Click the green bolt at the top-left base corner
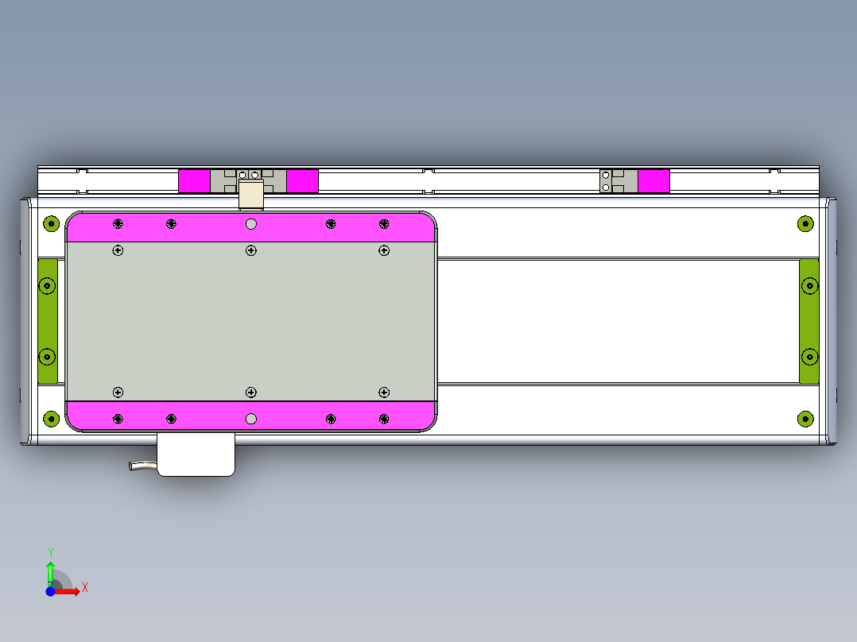point(51,223)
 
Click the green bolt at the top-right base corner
point(805,223)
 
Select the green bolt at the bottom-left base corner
point(51,418)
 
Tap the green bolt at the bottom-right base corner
point(805,418)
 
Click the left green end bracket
point(48,321)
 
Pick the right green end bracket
point(809,321)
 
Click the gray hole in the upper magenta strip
point(251,224)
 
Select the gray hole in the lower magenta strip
point(251,419)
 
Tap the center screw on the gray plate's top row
point(251,250)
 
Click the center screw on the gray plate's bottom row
point(251,393)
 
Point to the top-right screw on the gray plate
point(384,250)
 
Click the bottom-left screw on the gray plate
point(118,393)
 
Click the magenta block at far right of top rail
point(653,180)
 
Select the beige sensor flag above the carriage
point(251,194)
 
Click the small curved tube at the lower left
point(142,466)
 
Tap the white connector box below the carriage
point(196,455)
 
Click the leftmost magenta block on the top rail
point(194,180)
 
